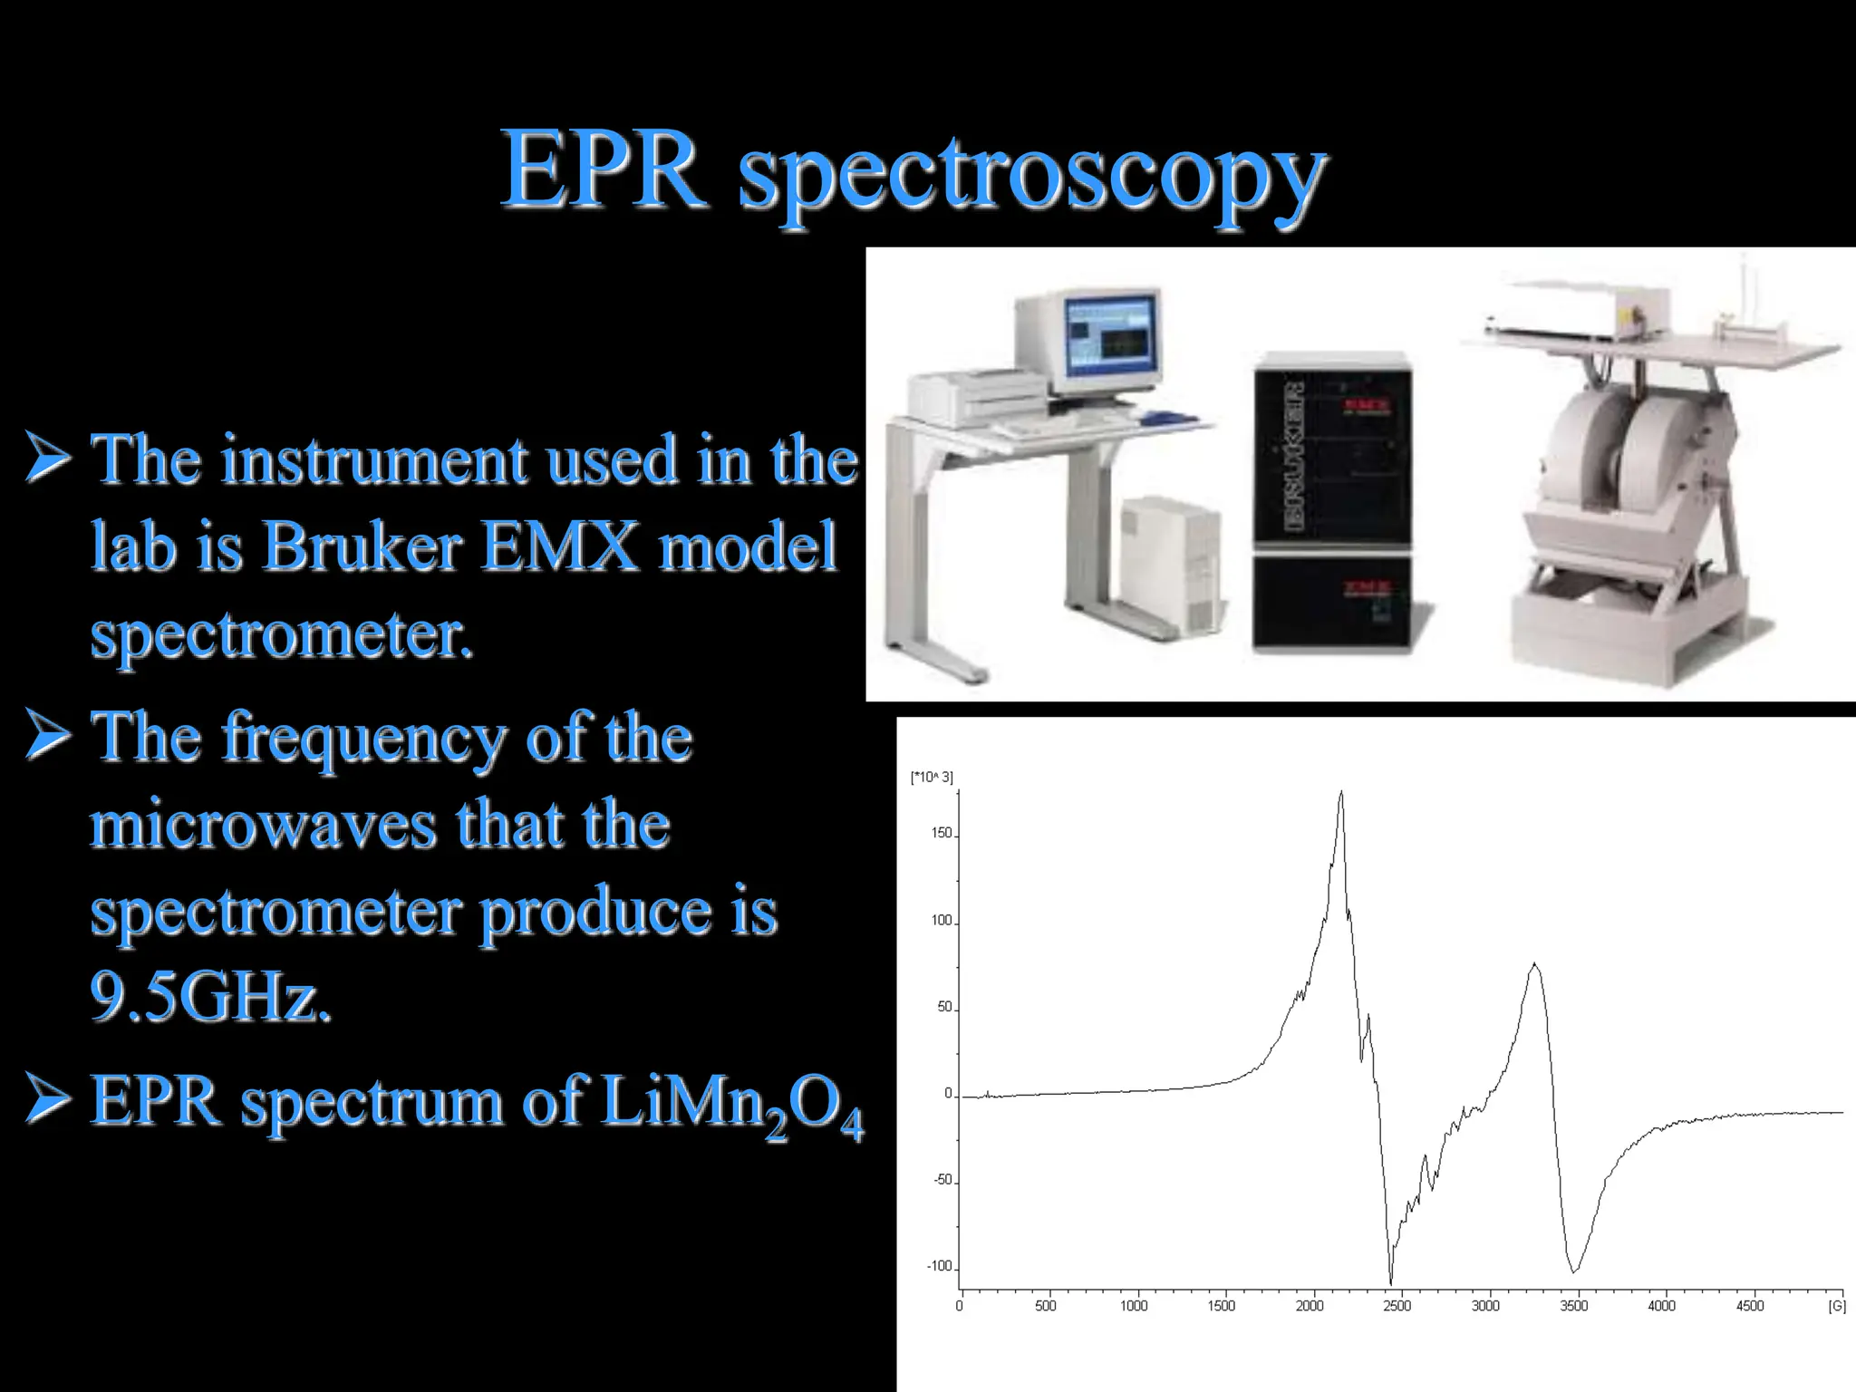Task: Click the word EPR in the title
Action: (x=603, y=170)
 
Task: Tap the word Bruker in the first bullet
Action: (x=362, y=546)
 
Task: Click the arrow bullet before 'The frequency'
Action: (x=47, y=735)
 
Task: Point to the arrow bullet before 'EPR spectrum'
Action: (x=47, y=1097)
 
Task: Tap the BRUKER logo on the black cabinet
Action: (x=1294, y=456)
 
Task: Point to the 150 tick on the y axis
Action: (x=942, y=833)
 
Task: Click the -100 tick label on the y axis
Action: (x=939, y=1266)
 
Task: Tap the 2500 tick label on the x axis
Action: (x=1397, y=1306)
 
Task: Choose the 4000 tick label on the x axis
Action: (x=1661, y=1306)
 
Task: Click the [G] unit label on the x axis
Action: (x=1836, y=1306)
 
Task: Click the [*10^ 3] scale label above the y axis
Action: (x=931, y=777)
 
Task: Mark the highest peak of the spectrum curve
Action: (x=1341, y=794)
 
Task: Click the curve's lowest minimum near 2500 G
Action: (x=1391, y=1281)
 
